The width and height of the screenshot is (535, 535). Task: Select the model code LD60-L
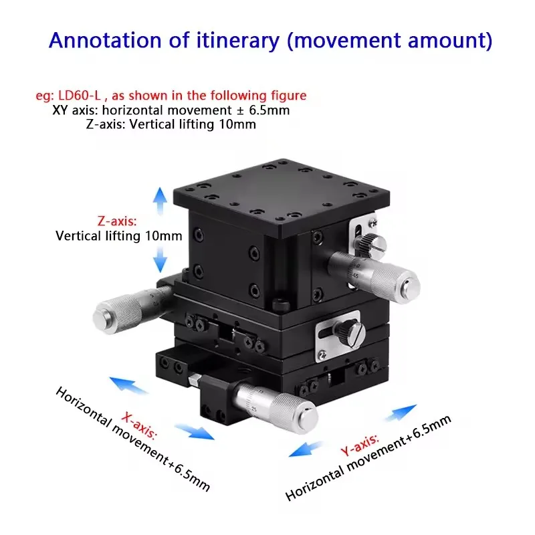tap(79, 96)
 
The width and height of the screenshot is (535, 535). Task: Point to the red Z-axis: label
tap(116, 221)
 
